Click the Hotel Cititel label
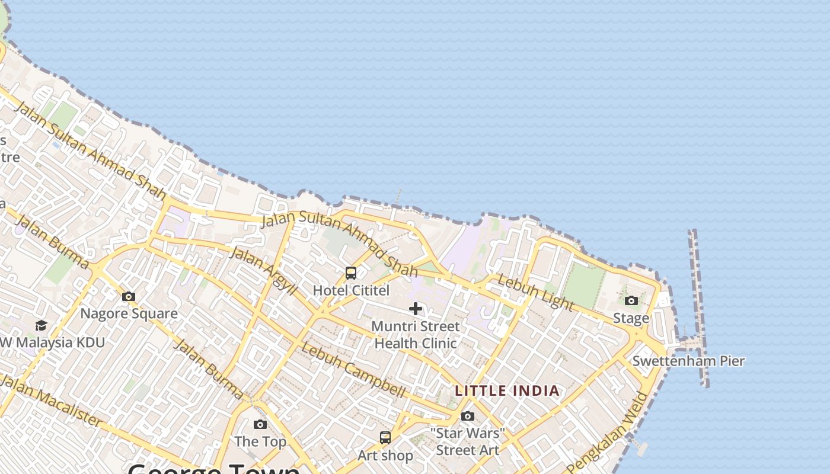coord(351,290)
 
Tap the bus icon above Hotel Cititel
coord(351,273)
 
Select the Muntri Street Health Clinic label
coord(416,335)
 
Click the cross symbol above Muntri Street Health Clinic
coord(416,308)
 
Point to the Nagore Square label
coord(129,313)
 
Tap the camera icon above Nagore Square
coord(129,296)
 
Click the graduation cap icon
coord(41,325)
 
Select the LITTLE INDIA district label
coord(507,390)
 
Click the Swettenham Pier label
coord(688,361)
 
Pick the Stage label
coord(631,318)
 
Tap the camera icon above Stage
coord(631,301)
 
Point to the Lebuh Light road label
coord(535,292)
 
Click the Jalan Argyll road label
coord(262,271)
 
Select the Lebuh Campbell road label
coord(353,370)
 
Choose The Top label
coord(260,441)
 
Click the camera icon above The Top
coord(260,424)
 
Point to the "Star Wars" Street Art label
coord(468,441)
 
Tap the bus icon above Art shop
coord(385,438)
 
